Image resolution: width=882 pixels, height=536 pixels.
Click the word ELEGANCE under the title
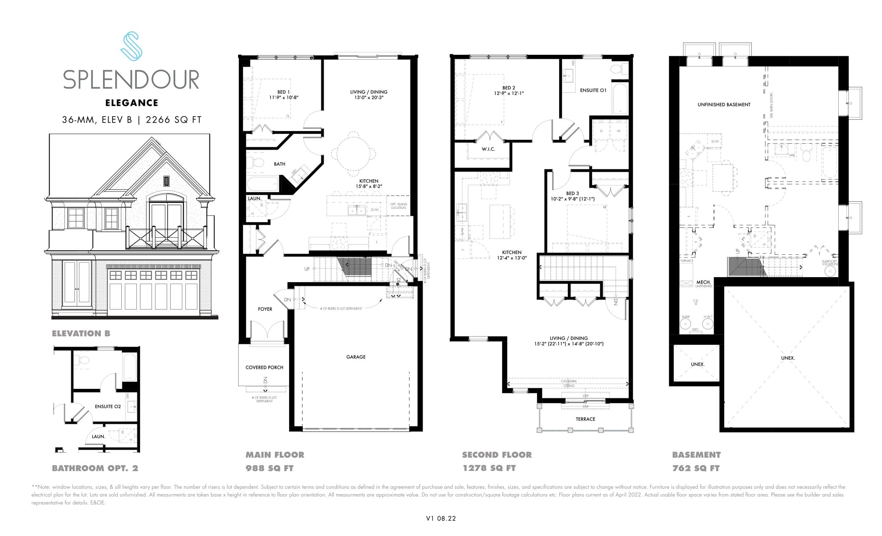coord(132,103)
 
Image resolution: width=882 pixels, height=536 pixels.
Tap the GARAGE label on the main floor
coord(356,357)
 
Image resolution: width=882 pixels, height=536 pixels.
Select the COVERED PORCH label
coord(264,367)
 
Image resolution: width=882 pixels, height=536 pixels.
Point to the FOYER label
coord(265,309)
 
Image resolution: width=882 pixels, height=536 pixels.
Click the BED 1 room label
coord(284,92)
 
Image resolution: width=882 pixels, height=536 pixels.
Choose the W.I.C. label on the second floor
coord(488,149)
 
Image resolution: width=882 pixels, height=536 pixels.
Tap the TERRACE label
coord(585,419)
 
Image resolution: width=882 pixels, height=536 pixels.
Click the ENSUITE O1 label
coord(593,91)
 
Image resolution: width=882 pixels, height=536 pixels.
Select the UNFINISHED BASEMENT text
coord(724,104)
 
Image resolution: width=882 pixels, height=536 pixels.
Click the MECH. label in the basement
coord(704,282)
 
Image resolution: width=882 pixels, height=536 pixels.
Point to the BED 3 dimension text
coord(573,199)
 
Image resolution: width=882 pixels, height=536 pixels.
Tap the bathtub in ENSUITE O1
coord(620,99)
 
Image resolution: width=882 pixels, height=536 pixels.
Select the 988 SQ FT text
coord(269,468)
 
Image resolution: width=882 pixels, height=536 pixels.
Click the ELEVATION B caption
coord(81,333)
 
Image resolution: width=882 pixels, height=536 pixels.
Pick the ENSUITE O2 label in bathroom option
coord(108,406)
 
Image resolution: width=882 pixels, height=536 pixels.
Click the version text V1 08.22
coord(441,518)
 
